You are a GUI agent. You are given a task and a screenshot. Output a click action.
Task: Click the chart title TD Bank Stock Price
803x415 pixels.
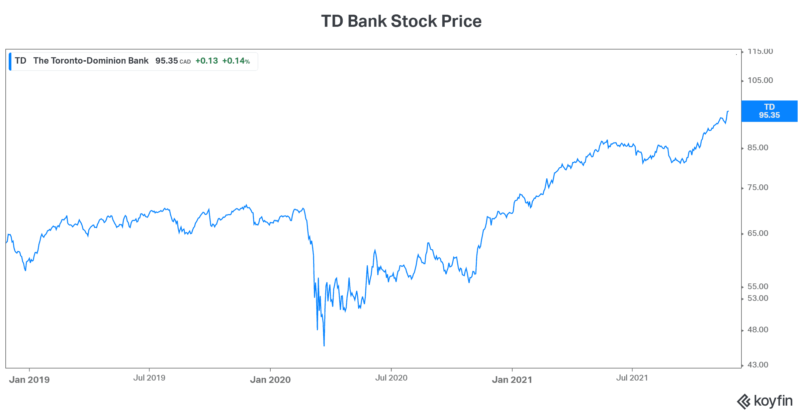401,21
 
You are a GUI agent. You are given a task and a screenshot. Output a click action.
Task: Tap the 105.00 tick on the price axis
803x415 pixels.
760,80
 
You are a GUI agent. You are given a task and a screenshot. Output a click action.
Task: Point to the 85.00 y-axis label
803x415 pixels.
758,148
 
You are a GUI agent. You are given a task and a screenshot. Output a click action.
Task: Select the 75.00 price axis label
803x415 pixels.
758,187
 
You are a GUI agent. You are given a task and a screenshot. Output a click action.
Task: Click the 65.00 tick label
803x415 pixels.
758,233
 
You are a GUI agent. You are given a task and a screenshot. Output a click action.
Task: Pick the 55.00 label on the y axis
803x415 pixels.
758,286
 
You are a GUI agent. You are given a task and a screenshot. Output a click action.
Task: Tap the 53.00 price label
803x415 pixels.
758,298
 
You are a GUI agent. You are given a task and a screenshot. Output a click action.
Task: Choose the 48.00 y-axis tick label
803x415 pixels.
758,330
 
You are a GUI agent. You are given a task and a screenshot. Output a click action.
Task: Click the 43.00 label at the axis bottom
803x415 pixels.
758,365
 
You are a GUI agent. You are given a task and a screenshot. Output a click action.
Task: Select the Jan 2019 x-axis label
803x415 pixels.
29,380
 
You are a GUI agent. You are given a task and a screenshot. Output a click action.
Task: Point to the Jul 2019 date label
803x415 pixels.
149,378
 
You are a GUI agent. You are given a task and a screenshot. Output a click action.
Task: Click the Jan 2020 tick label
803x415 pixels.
270,380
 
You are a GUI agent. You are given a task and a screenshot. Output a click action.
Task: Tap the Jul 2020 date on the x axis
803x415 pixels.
391,378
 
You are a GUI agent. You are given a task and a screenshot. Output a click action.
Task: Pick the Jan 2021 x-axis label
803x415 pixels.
512,380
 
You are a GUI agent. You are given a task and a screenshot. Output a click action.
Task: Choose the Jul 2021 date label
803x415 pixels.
632,378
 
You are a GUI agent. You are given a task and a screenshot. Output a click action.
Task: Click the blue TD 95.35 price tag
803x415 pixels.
769,111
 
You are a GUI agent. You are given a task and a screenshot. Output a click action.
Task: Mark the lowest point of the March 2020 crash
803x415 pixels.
324,345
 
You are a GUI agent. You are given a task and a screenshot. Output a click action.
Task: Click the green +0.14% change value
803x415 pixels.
236,61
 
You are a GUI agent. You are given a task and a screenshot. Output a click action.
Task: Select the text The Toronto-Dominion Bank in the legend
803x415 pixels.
91,61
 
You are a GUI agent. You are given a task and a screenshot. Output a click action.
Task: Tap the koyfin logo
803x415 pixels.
765,401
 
